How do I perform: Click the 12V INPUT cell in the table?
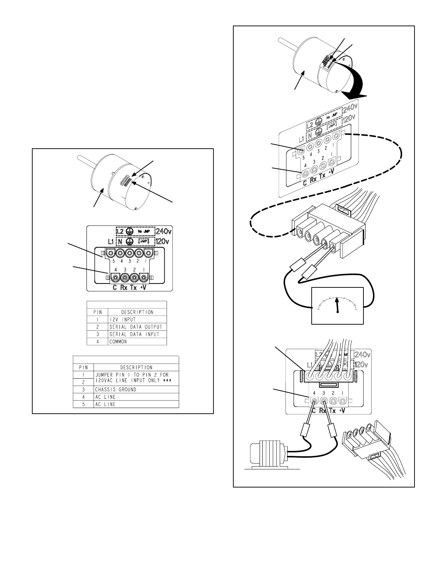pyautogui.click(x=122, y=319)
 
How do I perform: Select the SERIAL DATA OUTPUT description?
pyautogui.click(x=135, y=327)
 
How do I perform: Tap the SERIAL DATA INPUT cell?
pyautogui.click(x=134, y=334)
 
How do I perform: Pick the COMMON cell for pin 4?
pyautogui.click(x=118, y=342)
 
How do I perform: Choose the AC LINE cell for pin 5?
pyautogui.click(x=105, y=404)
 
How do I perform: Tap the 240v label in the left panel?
pyautogui.click(x=164, y=231)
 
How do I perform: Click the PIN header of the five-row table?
pyautogui.click(x=83, y=367)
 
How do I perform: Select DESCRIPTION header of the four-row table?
pyautogui.click(x=137, y=312)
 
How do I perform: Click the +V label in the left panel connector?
pyautogui.click(x=144, y=287)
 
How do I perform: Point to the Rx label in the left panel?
pyautogui.click(x=124, y=287)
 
